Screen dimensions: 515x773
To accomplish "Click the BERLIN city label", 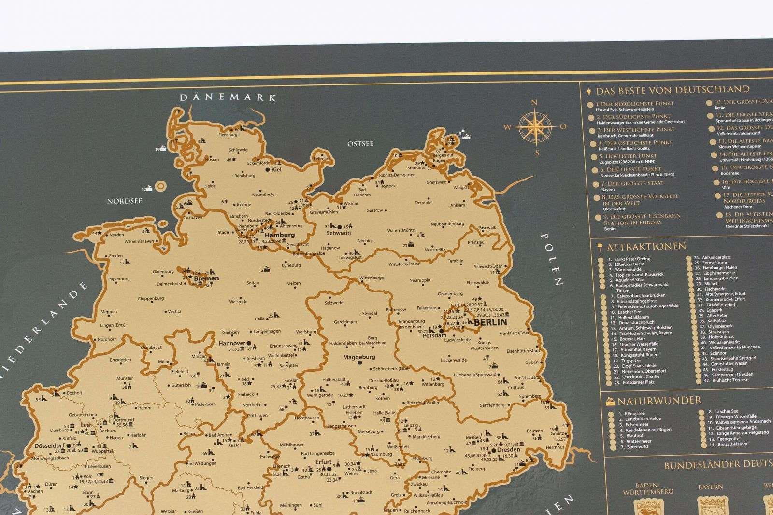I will click(490, 322).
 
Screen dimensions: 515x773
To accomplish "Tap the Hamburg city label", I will click(279, 235).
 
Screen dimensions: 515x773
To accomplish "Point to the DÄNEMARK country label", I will click(228, 97).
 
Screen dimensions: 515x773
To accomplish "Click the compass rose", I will click(535, 127).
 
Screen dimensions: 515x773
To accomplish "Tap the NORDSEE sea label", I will click(124, 201).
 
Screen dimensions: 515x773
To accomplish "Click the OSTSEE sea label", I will click(360, 144).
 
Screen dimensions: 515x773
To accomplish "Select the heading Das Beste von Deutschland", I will click(673, 90).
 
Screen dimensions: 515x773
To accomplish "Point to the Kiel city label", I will click(276, 170).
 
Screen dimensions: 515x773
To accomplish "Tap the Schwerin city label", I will click(339, 233).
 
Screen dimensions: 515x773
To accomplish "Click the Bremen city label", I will click(206, 278).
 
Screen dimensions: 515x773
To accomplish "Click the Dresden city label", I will click(508, 450).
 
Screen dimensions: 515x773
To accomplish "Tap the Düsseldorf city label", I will click(50, 445).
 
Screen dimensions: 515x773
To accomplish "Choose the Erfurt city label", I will click(323, 462).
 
